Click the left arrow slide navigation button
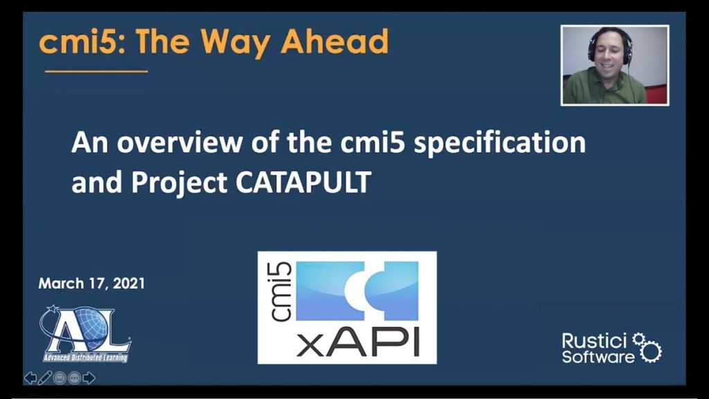30,378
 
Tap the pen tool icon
45,378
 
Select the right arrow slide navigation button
89,378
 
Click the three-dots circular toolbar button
74,378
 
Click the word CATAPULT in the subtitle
303,182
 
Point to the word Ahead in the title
334,41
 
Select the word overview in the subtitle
179,142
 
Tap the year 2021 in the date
129,283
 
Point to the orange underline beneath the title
96,71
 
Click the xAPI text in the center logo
358,342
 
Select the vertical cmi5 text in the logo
280,292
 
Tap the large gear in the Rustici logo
651,351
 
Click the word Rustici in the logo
594,341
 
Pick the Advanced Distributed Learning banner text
85,358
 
